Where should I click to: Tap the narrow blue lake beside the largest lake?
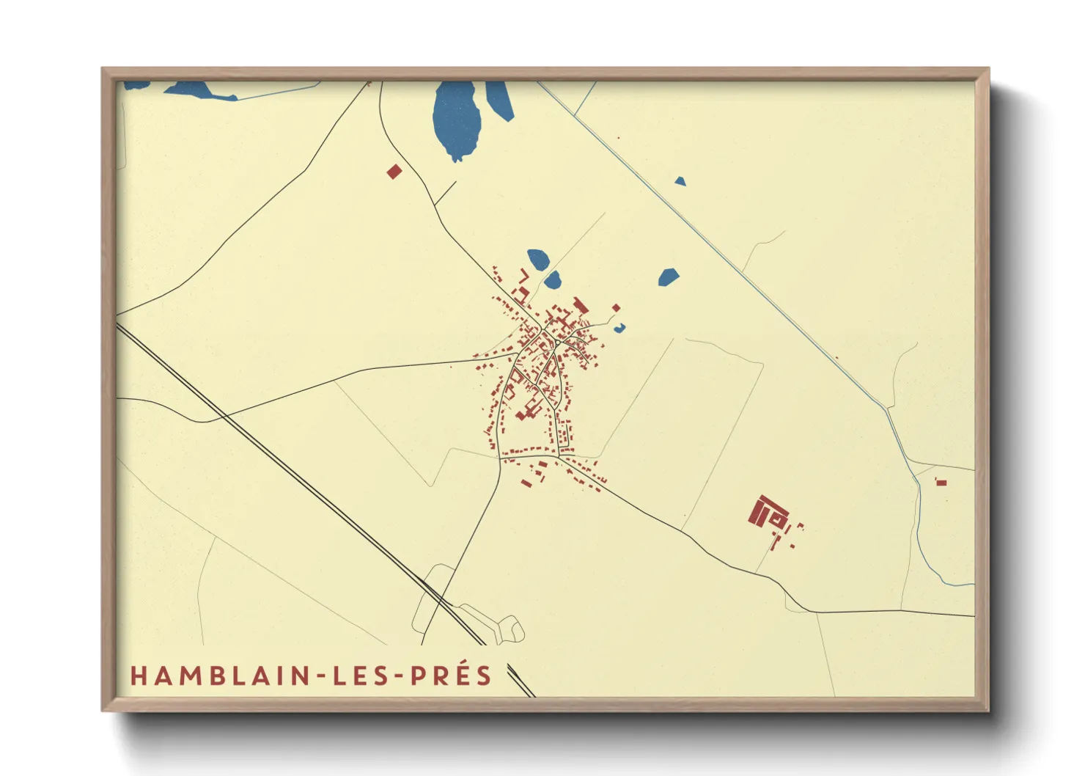point(501,100)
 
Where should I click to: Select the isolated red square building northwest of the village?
point(394,172)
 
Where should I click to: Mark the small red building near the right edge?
point(941,482)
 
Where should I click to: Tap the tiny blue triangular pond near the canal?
point(680,181)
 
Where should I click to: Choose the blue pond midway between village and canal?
point(668,277)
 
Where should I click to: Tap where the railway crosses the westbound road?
point(222,417)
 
